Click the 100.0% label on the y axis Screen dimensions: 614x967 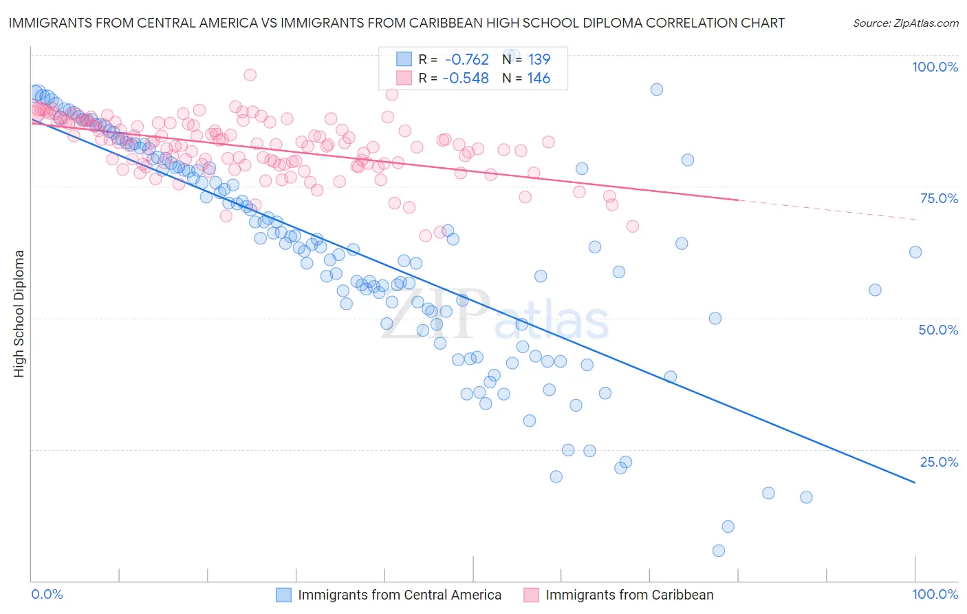[x=935, y=67]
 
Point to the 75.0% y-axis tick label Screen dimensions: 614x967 [x=939, y=198]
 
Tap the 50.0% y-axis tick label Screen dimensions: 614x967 [x=938, y=330]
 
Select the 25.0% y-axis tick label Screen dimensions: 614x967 [x=939, y=462]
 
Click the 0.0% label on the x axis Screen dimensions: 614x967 [x=47, y=594]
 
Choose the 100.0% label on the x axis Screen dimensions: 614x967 [x=935, y=594]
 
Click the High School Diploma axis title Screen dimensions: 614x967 [x=19, y=313]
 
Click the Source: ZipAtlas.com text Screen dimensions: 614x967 [x=905, y=23]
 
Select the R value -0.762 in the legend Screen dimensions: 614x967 [x=466, y=59]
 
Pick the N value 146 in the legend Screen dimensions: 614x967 [x=539, y=78]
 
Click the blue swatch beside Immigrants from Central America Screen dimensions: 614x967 [x=284, y=595]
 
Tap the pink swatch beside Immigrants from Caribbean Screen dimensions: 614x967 [x=532, y=595]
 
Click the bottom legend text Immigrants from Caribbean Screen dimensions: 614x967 [x=629, y=595]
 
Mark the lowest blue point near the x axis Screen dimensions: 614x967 [x=719, y=551]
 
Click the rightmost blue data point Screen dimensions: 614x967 [x=915, y=252]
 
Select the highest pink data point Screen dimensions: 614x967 [x=250, y=74]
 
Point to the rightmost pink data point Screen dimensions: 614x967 [x=633, y=226]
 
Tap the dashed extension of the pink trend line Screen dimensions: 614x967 [x=825, y=209]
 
